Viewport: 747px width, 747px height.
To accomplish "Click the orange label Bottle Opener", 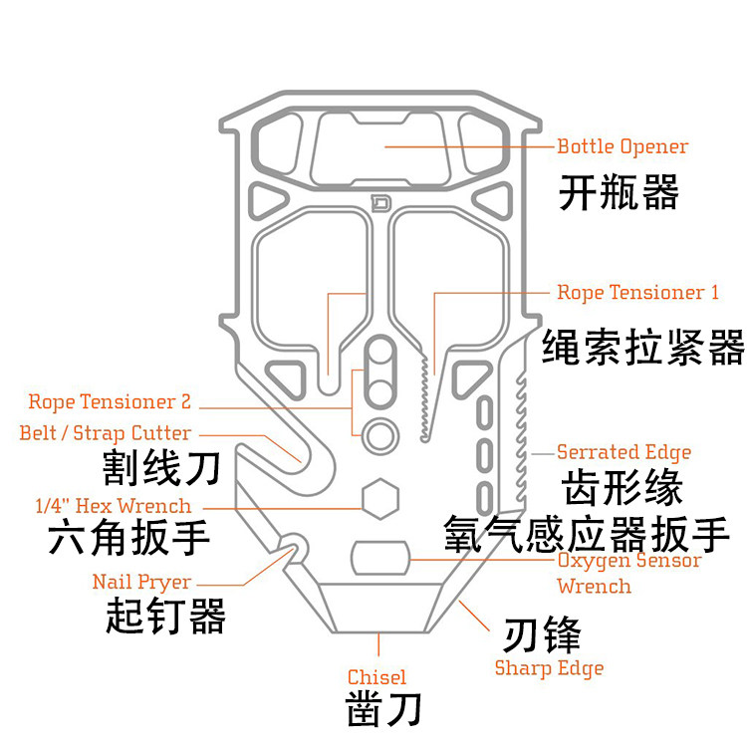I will pos(622,146).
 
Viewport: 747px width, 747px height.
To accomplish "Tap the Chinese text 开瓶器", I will pos(618,191).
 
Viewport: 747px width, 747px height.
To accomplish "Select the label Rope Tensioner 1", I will pos(637,293).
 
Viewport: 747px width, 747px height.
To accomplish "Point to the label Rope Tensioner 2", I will pos(110,402).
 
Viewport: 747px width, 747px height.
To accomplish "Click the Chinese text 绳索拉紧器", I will pos(643,348).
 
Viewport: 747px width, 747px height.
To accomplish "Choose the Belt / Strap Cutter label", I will pos(105,433).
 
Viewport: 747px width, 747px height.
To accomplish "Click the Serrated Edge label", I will pos(623,452).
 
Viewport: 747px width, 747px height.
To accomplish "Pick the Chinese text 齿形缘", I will pos(623,488).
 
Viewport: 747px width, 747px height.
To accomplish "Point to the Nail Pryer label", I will pos(141,582).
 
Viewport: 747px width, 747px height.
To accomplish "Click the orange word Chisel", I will pos(376,677).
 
